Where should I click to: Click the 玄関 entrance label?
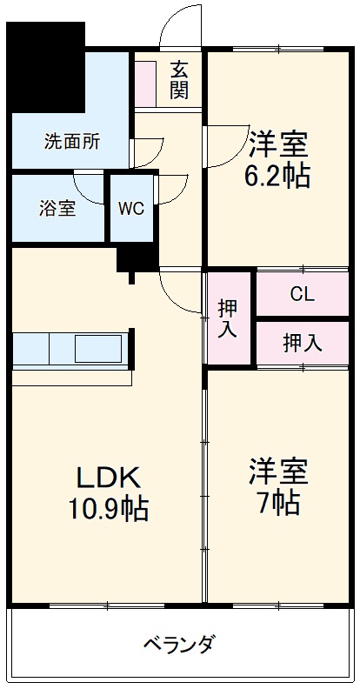point(180,79)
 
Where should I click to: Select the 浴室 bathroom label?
point(57,209)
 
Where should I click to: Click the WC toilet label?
point(131,209)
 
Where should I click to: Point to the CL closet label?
point(302,295)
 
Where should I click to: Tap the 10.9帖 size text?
point(109,509)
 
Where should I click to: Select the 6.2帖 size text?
point(277,176)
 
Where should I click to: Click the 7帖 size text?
point(277,502)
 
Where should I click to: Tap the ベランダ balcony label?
point(179,645)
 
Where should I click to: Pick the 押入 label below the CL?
point(302,343)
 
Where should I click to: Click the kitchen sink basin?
point(100,348)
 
